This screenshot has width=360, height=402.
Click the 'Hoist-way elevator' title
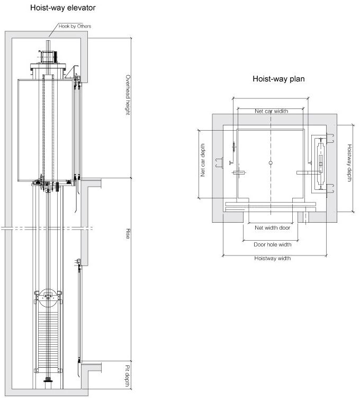point(63,8)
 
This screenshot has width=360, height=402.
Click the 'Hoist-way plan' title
point(278,79)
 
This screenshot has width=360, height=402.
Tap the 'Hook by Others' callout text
point(75,26)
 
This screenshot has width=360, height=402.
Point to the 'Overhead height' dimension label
point(128,95)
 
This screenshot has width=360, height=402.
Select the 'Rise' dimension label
point(128,234)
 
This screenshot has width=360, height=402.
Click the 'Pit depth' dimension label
point(128,376)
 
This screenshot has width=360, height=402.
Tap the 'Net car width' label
point(271,111)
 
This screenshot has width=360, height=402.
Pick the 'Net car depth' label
point(203,160)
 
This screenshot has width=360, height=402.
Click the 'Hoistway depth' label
point(349,163)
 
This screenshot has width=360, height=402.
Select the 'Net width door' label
point(272,227)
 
